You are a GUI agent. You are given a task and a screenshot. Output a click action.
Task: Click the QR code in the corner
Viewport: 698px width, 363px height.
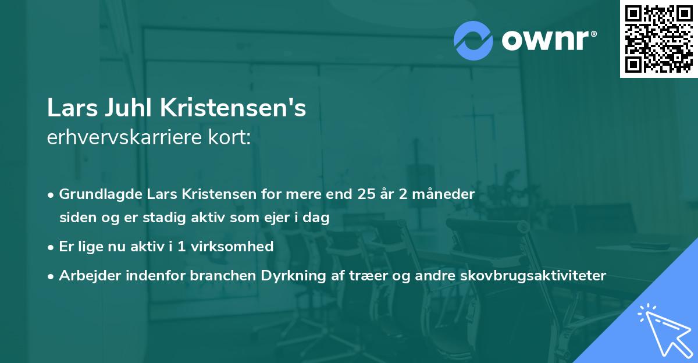[x=658, y=39]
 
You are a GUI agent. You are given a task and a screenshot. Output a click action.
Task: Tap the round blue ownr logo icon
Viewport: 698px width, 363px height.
[x=473, y=41]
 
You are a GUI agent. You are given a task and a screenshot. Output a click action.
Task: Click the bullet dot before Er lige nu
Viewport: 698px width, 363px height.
[x=52, y=247]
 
